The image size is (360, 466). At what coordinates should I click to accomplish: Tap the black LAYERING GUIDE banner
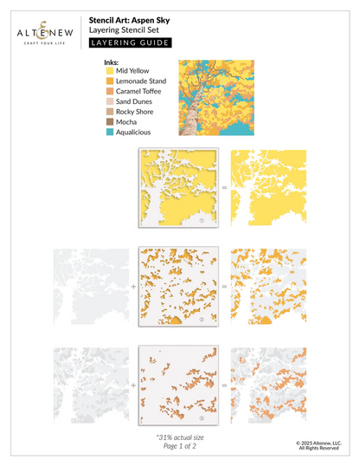click(130, 42)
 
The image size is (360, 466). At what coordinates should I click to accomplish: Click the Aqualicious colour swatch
click(108, 132)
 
